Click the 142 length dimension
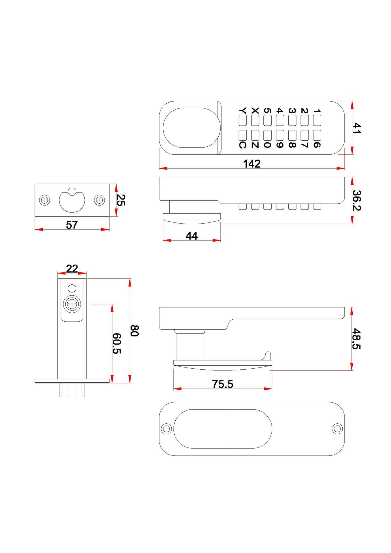click(x=252, y=164)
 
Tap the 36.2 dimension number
click(x=357, y=200)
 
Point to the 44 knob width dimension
click(x=192, y=236)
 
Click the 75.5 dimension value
click(x=222, y=384)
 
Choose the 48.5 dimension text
click(x=357, y=339)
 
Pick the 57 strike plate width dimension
click(x=72, y=225)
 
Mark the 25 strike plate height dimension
click(x=121, y=200)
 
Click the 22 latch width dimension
click(x=72, y=269)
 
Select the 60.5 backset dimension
click(x=117, y=343)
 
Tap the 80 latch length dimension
click(x=135, y=331)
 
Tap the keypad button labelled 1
click(x=317, y=120)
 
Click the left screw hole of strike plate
click(x=45, y=200)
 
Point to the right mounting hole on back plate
click(x=337, y=429)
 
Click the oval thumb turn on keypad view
click(x=191, y=128)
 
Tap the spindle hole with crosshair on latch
click(x=72, y=304)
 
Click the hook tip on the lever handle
click(x=268, y=353)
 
